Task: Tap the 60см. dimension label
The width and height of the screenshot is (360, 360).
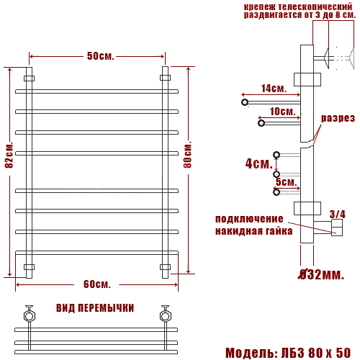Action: click(96, 284)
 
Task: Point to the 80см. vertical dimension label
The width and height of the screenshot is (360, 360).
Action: click(188, 154)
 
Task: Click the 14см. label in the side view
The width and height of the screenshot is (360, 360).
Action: click(274, 89)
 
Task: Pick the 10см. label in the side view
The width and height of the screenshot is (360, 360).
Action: click(282, 112)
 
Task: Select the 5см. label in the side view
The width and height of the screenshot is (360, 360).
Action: click(286, 181)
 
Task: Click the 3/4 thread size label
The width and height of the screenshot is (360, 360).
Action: click(337, 214)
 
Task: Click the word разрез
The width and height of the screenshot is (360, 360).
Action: click(338, 118)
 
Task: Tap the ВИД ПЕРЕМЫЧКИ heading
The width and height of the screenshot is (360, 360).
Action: click(95, 307)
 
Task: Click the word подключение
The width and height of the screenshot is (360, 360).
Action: click(249, 219)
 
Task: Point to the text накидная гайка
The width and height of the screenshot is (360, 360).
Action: click(253, 231)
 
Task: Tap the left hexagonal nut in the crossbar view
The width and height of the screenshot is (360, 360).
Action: click(29, 315)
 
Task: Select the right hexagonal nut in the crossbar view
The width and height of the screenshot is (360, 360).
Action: click(165, 315)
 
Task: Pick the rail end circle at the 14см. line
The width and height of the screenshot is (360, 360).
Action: click(245, 102)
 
